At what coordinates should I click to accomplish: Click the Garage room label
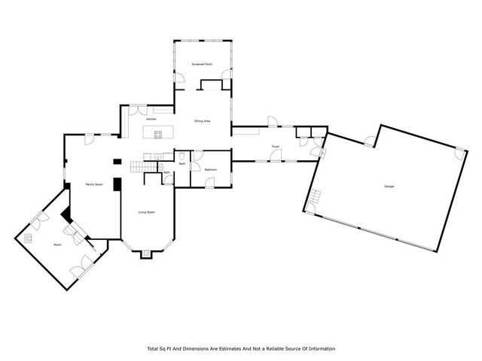point(389,187)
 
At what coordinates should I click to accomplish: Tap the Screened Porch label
point(201,65)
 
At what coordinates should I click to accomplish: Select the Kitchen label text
point(151,120)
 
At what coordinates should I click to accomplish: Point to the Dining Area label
point(203,120)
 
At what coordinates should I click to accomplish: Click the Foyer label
point(276,146)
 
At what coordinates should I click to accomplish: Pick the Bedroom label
point(211,170)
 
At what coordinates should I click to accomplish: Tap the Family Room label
point(93,184)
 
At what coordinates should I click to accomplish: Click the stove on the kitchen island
point(158,135)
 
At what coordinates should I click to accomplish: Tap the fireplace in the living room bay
point(146,254)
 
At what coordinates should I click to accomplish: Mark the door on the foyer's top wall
point(273,122)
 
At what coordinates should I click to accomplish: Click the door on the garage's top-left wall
point(368,140)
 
